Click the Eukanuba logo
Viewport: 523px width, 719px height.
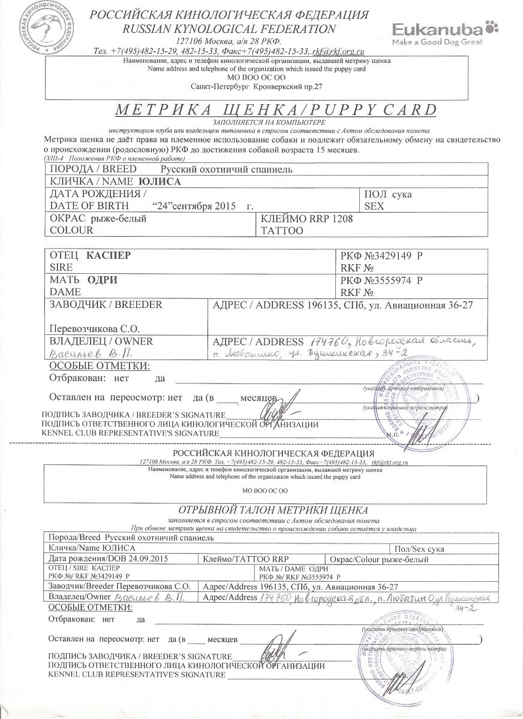(x=440, y=30)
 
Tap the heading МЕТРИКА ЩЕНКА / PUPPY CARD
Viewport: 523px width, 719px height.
(x=272, y=110)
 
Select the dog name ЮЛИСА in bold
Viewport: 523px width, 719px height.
(x=159, y=180)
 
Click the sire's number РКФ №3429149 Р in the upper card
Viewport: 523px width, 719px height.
(x=381, y=255)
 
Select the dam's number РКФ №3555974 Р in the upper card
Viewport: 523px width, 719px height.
(x=381, y=280)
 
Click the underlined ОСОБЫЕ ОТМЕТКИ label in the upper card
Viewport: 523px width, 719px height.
(x=100, y=367)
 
